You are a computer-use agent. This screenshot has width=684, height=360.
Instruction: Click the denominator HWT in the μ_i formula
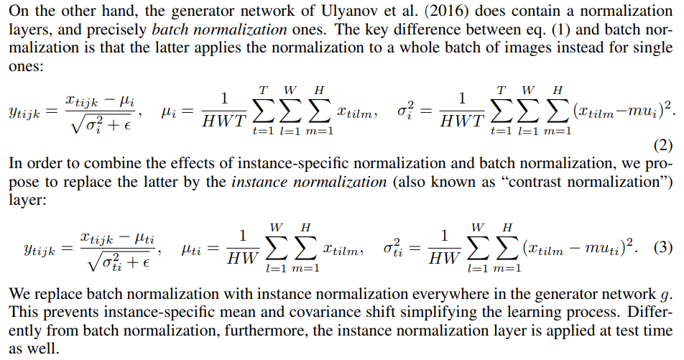click(x=224, y=122)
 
